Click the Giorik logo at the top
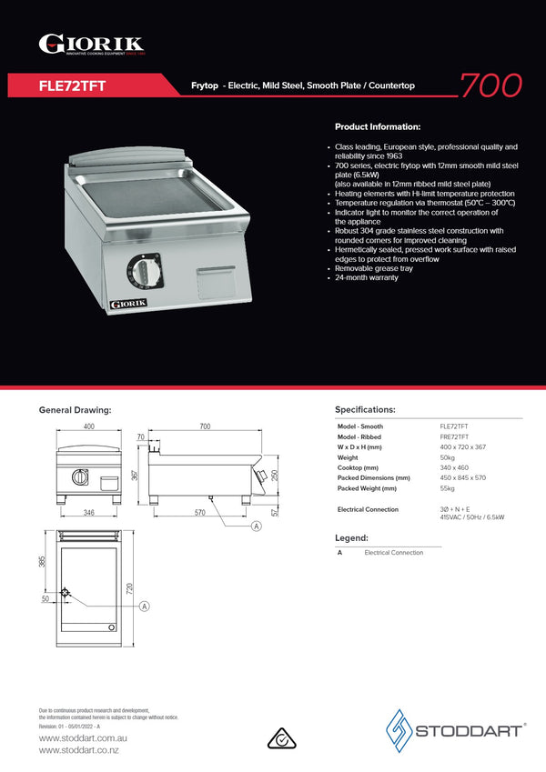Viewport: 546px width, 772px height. pos(91,44)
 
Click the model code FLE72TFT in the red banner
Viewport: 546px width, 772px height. pos(73,85)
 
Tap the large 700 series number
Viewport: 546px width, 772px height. pos(490,85)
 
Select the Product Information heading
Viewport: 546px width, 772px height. pos(378,126)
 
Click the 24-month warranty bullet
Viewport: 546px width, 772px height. pos(367,277)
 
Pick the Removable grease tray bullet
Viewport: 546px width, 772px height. pos(375,268)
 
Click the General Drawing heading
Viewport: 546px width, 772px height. pos(75,410)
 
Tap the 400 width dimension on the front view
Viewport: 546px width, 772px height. pos(89,426)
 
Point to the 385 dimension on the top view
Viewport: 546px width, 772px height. pos(42,562)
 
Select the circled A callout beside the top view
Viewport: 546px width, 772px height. pos(144,607)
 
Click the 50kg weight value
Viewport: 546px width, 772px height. pos(448,457)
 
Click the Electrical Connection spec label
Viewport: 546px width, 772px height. pos(368,509)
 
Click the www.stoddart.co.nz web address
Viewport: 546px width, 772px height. pos(78,750)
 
